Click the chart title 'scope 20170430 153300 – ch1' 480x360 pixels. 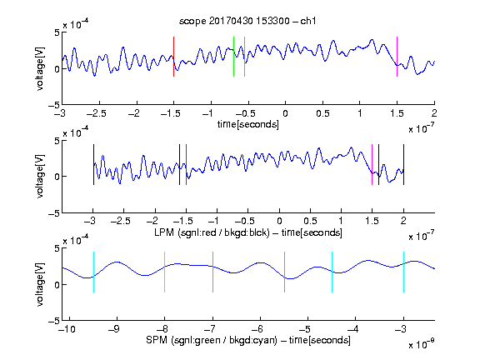pyautogui.click(x=247, y=21)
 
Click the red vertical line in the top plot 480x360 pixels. pyautogui.click(x=173, y=57)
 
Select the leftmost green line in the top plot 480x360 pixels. pyautogui.click(x=233, y=57)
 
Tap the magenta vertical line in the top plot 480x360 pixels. pyautogui.click(x=397, y=57)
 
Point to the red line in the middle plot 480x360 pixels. pyautogui.click(x=186, y=165)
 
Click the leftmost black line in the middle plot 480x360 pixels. pyautogui.click(x=93, y=165)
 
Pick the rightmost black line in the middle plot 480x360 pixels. pyautogui.click(x=403, y=165)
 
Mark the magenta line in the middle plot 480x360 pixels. pyautogui.click(x=372, y=165)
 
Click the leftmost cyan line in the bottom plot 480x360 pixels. pyautogui.click(x=93, y=272)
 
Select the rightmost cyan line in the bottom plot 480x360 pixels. pyautogui.click(x=403, y=272)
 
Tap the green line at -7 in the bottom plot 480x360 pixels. pyautogui.click(x=212, y=272)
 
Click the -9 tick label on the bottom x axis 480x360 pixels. pyautogui.click(x=114, y=329)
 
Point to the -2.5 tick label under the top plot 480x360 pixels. pyautogui.click(x=96, y=113)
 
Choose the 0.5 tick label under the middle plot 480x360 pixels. pyautogui.click(x=310, y=221)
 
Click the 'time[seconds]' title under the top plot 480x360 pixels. pyautogui.click(x=248, y=125)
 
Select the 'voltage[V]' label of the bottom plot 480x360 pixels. pyautogui.click(x=40, y=284)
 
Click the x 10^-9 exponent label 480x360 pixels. pyautogui.click(x=422, y=344)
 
